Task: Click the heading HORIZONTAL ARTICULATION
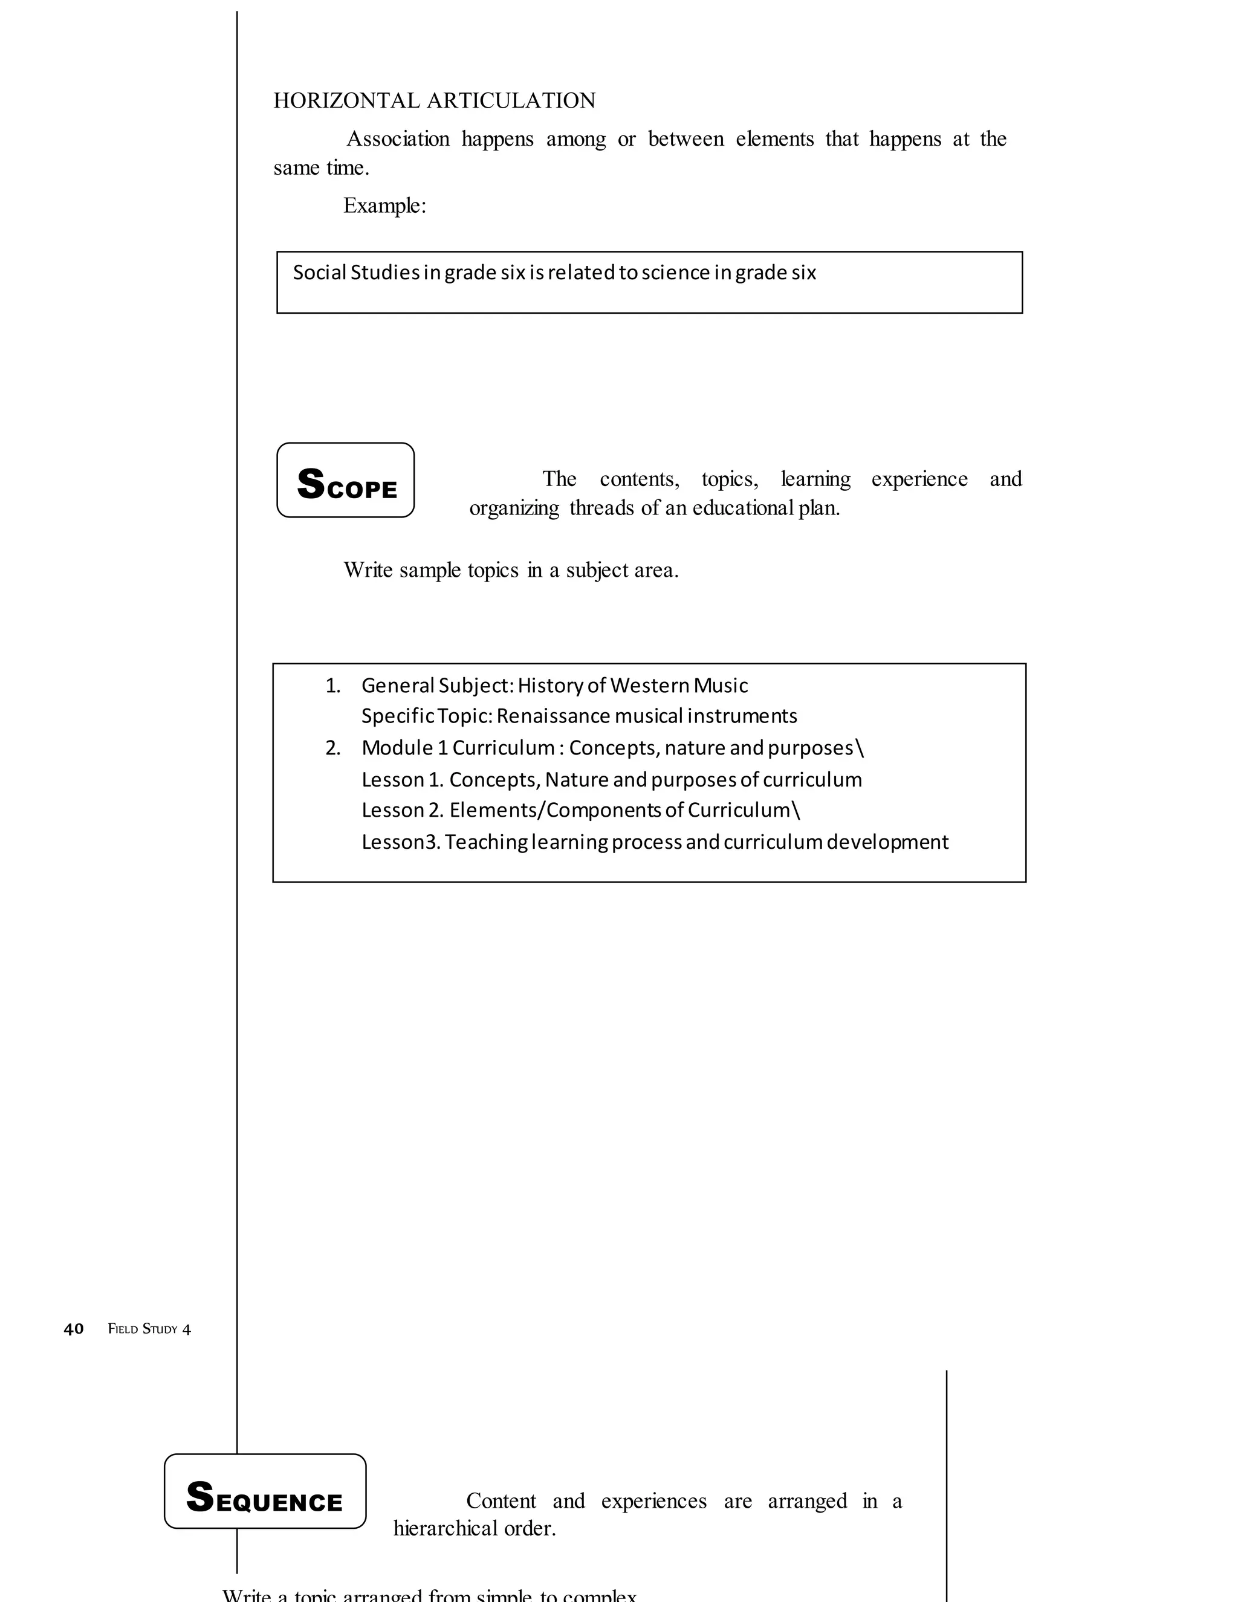click(x=434, y=100)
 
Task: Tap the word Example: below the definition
click(x=384, y=206)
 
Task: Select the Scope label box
click(x=345, y=481)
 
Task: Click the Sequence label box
click(x=265, y=1491)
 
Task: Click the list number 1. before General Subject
click(x=333, y=685)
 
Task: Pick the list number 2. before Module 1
click(x=333, y=748)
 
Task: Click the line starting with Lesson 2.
click(x=581, y=810)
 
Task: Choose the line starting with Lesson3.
click(x=654, y=842)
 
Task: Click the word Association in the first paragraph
click(x=398, y=140)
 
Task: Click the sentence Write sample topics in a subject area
click(x=511, y=570)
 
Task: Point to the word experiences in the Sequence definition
click(x=653, y=1501)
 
